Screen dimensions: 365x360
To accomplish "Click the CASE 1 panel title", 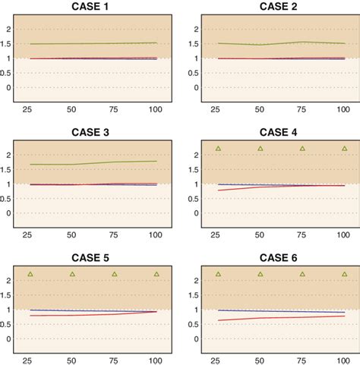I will (92, 7).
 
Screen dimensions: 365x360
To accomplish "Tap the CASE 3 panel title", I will (92, 133).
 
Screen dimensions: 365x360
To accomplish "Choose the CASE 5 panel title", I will (92, 259).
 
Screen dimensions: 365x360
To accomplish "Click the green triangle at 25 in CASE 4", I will (218, 148).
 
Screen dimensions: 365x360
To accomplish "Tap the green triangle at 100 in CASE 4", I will (345, 148).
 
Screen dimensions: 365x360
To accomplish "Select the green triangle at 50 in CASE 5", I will (72, 274).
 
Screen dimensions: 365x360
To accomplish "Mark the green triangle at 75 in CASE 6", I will (302, 274).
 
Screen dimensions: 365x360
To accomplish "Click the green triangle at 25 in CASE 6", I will (218, 274).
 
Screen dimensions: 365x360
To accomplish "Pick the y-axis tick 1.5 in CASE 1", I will (10, 44).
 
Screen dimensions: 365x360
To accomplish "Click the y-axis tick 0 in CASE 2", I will (197, 87).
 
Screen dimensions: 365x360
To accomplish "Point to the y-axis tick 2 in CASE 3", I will (10, 155).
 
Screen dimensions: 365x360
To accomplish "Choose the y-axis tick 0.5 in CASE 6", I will (197, 324).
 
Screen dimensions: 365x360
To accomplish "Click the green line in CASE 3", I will (92, 163).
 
